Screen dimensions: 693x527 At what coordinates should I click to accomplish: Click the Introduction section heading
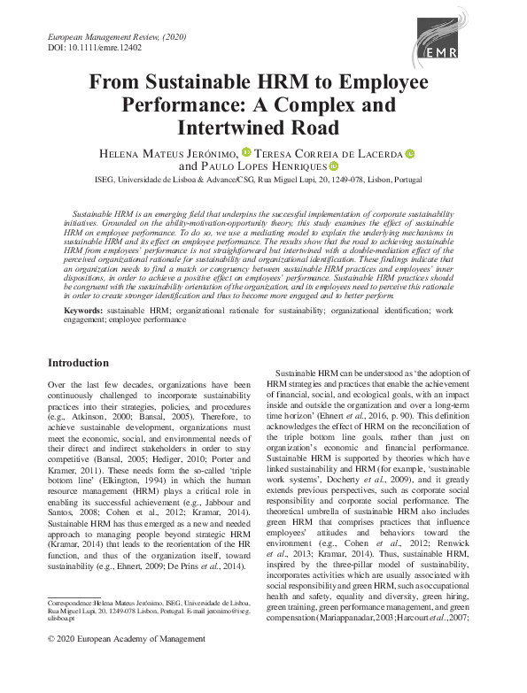pos(78,364)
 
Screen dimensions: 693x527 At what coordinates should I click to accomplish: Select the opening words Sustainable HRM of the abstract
pos(101,215)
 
